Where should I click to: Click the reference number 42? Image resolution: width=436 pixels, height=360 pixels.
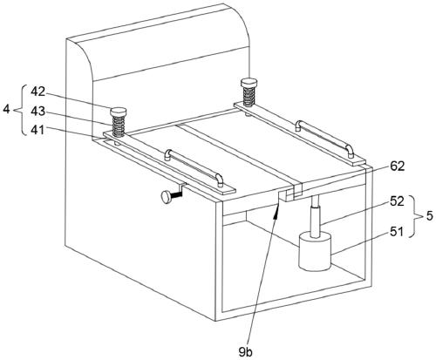[38, 92]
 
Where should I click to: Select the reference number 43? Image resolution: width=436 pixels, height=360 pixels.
[38, 111]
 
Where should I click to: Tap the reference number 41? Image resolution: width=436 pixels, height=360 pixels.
[38, 130]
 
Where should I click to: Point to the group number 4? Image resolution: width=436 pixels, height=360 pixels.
[6, 110]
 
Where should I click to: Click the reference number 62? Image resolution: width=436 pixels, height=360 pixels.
[397, 166]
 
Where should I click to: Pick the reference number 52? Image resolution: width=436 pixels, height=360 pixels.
[397, 201]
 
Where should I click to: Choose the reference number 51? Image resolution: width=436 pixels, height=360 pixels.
[397, 232]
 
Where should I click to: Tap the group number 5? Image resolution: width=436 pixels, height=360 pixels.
[430, 216]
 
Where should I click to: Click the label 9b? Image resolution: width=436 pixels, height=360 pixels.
[246, 352]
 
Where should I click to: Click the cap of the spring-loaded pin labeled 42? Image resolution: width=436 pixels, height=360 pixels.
[119, 112]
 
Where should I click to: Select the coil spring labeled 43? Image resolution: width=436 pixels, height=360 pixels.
[119, 126]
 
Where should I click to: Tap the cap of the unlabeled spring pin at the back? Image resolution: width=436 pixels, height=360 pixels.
[249, 82]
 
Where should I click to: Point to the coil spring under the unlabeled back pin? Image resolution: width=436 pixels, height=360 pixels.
[249, 97]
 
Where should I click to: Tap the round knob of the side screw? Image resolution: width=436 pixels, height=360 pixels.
[167, 197]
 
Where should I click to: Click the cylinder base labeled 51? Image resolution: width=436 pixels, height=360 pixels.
[315, 251]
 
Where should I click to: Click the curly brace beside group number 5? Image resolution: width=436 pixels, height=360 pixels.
[416, 216]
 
